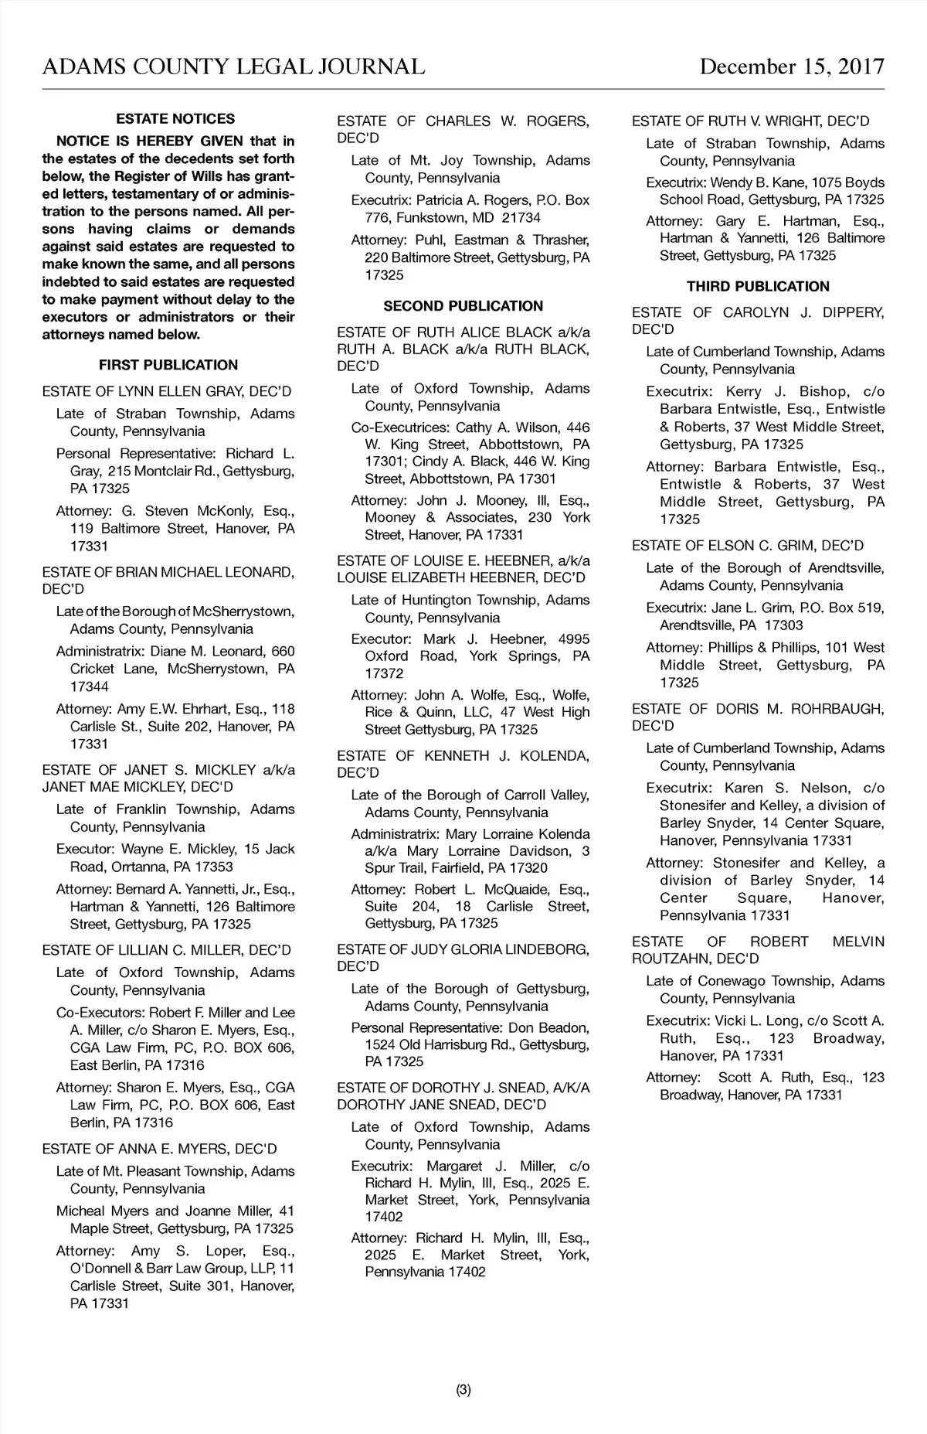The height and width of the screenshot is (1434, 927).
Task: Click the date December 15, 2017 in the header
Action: pyautogui.click(x=791, y=66)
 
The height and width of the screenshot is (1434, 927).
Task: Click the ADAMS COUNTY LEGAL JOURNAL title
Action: pyautogui.click(x=233, y=66)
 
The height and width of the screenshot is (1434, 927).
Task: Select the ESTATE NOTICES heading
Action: pyautogui.click(x=175, y=119)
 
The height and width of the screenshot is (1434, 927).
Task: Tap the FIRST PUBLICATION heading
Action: pyautogui.click(x=168, y=365)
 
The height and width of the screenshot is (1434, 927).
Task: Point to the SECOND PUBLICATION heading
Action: pyautogui.click(x=463, y=306)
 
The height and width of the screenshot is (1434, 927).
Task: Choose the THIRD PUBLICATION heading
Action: pyautogui.click(x=758, y=287)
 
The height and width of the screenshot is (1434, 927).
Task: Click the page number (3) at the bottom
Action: pyautogui.click(x=463, y=1390)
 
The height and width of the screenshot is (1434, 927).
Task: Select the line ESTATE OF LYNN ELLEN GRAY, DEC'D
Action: pyautogui.click(x=167, y=391)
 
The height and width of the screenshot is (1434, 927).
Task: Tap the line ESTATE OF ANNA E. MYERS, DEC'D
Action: pyautogui.click(x=159, y=1149)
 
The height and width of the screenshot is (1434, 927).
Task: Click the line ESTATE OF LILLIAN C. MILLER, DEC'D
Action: pyautogui.click(x=167, y=950)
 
